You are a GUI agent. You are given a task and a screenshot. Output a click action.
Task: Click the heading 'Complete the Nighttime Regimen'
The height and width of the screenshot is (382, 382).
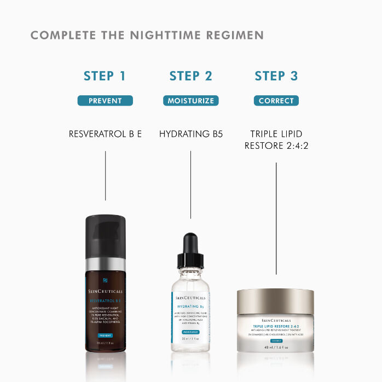(147, 36)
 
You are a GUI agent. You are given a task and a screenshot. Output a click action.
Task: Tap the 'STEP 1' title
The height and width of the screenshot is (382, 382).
(105, 76)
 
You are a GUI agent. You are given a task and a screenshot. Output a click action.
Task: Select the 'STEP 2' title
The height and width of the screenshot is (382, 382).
(190, 76)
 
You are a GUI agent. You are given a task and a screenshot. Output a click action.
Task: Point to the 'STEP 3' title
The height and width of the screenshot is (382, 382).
(276, 76)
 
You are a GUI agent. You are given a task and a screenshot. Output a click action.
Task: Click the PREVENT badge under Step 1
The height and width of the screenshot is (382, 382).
(105, 101)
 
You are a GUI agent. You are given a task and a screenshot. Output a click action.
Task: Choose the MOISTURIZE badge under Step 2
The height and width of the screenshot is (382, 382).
(190, 101)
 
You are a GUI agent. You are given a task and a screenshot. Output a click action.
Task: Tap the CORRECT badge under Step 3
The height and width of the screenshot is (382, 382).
(276, 101)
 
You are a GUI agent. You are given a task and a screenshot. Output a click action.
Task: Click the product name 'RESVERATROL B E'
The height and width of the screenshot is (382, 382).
(105, 134)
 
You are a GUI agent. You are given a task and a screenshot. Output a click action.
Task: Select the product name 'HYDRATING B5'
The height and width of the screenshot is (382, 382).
(190, 134)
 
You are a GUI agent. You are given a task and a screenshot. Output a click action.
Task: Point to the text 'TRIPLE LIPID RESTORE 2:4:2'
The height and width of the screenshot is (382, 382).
(276, 140)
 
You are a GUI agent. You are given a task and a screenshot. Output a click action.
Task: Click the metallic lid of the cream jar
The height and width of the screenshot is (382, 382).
(276, 302)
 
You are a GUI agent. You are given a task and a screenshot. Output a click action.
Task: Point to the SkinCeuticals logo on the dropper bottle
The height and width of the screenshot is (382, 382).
(190, 298)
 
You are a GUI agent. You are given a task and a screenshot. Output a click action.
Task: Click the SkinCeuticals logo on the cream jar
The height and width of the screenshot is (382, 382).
(276, 320)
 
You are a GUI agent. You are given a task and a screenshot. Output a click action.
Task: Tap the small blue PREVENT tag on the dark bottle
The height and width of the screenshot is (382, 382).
(105, 335)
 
